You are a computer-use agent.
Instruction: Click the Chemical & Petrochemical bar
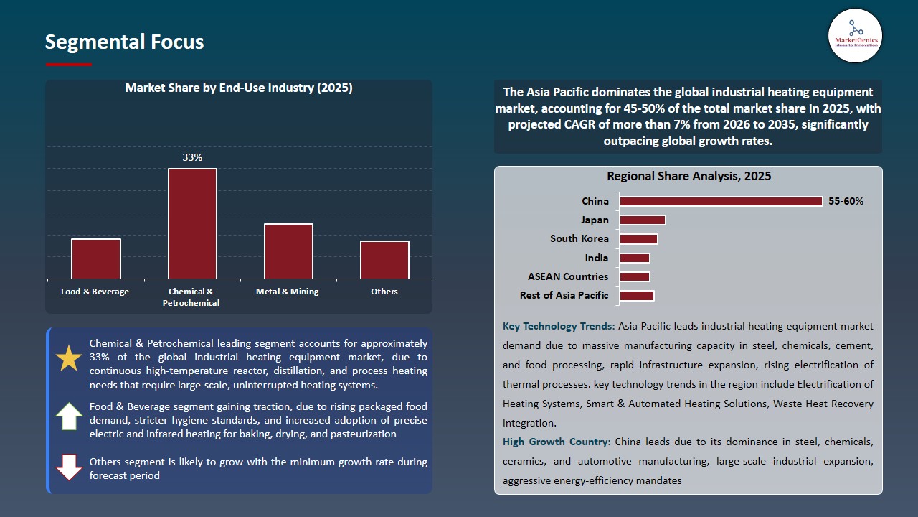coord(192,223)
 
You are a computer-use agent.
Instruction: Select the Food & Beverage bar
coord(96,258)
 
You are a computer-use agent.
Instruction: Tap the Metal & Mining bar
coord(288,251)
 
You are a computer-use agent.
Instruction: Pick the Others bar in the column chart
coord(384,260)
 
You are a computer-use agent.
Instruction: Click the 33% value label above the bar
coord(192,157)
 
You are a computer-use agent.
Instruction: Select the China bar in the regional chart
coord(721,201)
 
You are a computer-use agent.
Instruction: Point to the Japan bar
coord(643,220)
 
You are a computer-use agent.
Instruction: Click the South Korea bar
coord(638,239)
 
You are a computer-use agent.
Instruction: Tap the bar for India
coord(635,258)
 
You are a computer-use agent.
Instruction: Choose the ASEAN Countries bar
coord(635,276)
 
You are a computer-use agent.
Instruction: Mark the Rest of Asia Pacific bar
coord(637,295)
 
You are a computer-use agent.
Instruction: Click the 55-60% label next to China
coord(846,201)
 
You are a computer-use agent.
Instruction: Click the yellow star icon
coord(69,358)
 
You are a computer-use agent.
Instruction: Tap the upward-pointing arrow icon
coord(69,416)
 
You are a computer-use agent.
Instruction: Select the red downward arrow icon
coord(69,467)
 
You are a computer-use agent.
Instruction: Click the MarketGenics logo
coord(855,35)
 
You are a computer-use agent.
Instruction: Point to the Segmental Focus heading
coord(124,42)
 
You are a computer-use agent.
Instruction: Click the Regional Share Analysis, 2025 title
coord(688,176)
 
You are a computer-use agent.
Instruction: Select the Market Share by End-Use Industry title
coord(239,88)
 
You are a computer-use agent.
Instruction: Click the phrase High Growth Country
coord(557,442)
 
